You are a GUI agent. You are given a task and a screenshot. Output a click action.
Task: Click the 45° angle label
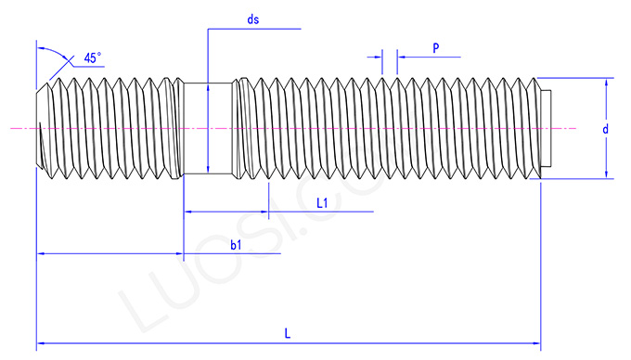tap(93, 58)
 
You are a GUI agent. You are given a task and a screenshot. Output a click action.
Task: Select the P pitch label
tap(435, 46)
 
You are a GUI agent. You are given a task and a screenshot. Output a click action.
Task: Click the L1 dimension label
tap(323, 201)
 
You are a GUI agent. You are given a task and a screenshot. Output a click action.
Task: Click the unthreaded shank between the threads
tap(207, 127)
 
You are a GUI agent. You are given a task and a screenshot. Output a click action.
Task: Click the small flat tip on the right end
tap(547, 127)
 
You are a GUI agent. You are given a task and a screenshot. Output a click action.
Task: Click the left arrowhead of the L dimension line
tap(41, 344)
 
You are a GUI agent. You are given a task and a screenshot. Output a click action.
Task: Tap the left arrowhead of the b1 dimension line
tap(41, 251)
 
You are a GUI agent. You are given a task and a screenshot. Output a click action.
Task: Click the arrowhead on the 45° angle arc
tap(71, 61)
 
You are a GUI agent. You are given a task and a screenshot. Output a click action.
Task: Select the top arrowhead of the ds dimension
tap(208, 88)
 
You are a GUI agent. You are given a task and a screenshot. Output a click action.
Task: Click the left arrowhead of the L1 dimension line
tap(187, 212)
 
